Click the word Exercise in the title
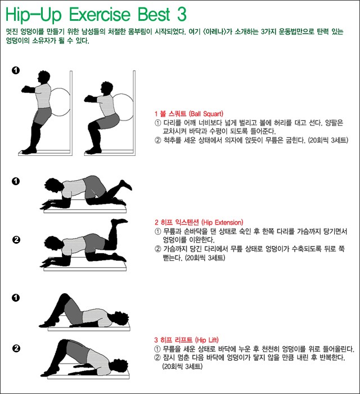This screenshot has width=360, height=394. (x=100, y=14)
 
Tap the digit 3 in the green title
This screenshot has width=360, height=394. (x=182, y=14)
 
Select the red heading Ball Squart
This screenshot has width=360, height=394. (x=189, y=114)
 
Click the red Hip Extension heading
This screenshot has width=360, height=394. (x=199, y=222)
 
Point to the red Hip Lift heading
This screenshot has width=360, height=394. (x=186, y=340)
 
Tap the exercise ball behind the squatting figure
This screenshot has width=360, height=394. (x=124, y=108)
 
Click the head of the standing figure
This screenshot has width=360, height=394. (x=43, y=77)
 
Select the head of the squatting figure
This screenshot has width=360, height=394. (x=106, y=88)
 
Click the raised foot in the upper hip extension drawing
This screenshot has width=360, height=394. (x=126, y=185)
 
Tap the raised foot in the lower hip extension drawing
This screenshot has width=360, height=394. (x=119, y=222)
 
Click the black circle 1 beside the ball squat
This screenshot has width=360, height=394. (x=16, y=70)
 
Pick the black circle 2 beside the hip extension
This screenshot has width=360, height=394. (x=16, y=240)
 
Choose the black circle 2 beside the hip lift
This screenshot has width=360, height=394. (x=16, y=348)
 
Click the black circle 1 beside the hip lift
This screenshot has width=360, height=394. (x=16, y=298)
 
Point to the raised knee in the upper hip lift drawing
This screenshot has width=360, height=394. (x=65, y=297)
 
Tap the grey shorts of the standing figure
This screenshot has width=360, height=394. (x=43, y=115)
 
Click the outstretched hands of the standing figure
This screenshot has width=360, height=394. (x=26, y=89)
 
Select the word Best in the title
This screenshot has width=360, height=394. (x=154, y=14)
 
